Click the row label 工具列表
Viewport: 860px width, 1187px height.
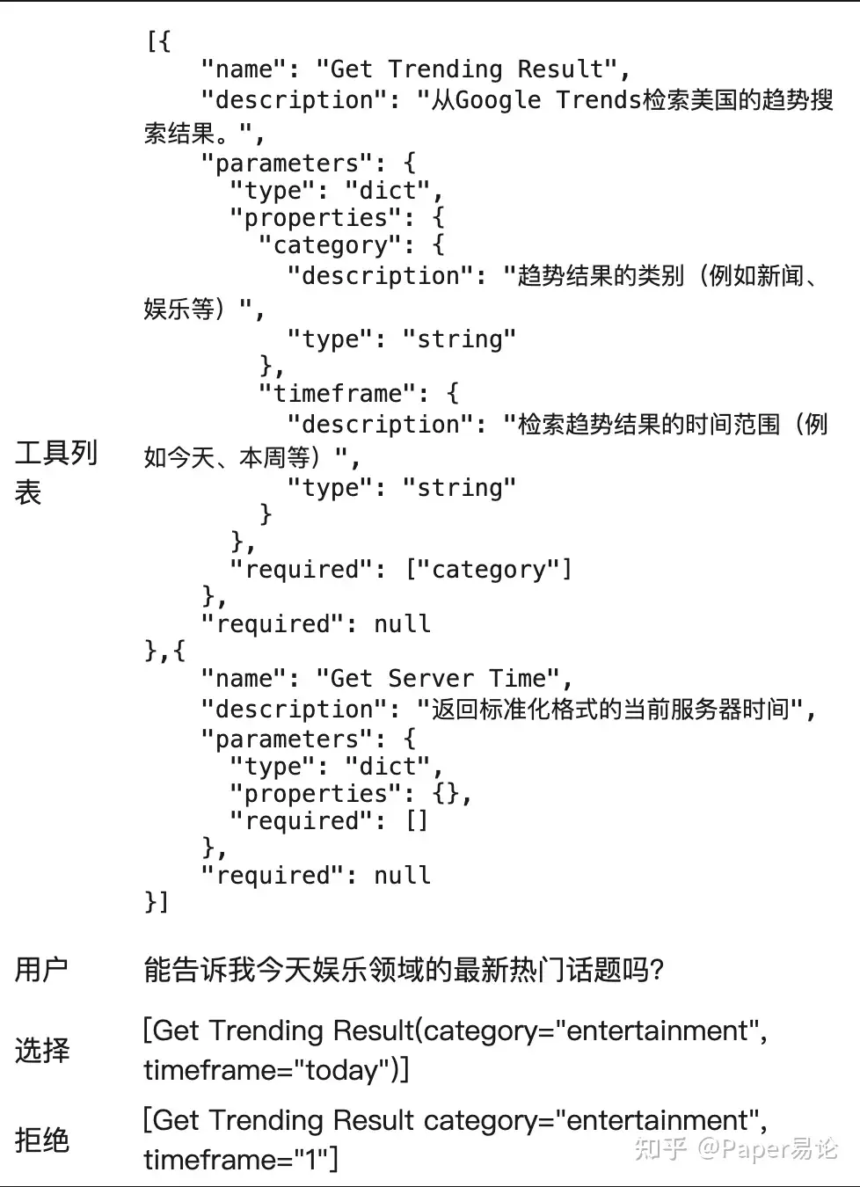coord(55,472)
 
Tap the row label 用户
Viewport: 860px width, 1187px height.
coord(40,969)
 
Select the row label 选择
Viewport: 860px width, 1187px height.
coord(41,1050)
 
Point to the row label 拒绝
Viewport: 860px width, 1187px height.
coord(41,1140)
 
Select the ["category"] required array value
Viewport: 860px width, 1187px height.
coord(488,570)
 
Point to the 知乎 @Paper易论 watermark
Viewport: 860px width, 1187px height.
coord(737,1148)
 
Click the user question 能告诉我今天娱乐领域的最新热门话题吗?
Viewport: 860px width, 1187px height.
coord(404,970)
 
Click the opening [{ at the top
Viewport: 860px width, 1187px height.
coord(158,41)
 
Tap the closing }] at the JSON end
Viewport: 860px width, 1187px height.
coord(157,901)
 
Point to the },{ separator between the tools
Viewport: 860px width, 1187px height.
coord(165,651)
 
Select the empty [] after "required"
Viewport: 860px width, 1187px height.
coord(416,821)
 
